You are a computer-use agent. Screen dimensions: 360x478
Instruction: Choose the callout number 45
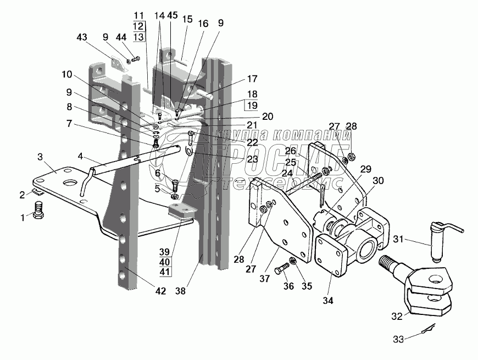pos(173,17)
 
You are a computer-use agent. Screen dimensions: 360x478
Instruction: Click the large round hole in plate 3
pos(70,182)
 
